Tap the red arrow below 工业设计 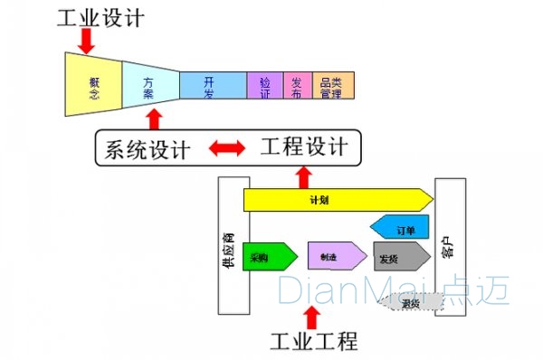click(87, 40)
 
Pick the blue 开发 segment click(212, 84)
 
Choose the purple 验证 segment click(265, 84)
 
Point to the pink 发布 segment click(297, 84)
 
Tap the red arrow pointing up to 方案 click(155, 119)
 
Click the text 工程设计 click(305, 147)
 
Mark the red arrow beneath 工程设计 click(303, 175)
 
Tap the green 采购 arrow click(269, 257)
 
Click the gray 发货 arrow click(400, 257)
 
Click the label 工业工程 click(314, 341)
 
